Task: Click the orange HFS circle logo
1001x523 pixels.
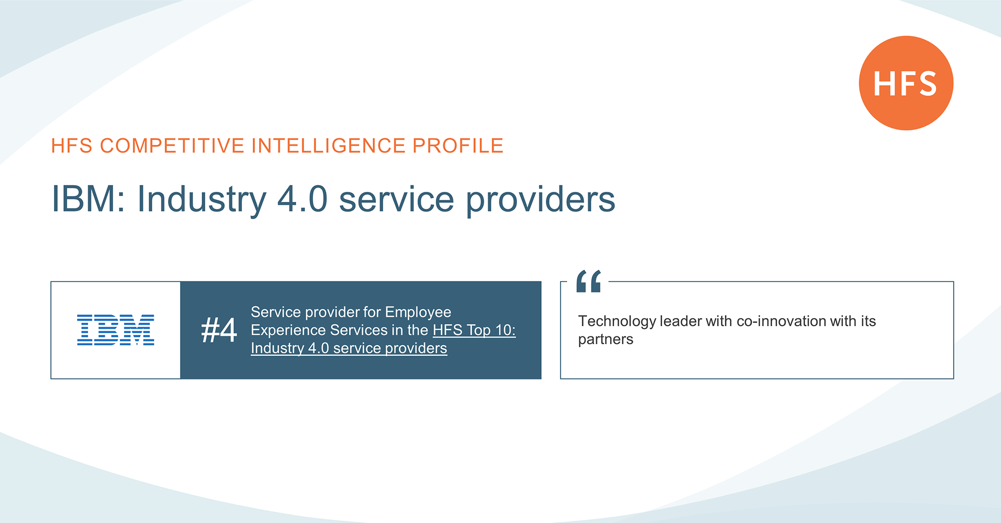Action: pyautogui.click(x=906, y=83)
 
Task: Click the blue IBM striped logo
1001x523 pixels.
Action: pyautogui.click(x=116, y=330)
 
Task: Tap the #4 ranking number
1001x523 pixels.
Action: pyautogui.click(x=219, y=330)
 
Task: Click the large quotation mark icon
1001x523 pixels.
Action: pyautogui.click(x=589, y=281)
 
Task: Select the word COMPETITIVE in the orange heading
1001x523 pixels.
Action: pyautogui.click(x=172, y=145)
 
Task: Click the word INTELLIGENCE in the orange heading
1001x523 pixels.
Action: pyautogui.click(x=328, y=145)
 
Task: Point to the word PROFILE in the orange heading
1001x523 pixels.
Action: pyautogui.click(x=458, y=145)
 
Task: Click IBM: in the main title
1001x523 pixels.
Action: pyautogui.click(x=88, y=199)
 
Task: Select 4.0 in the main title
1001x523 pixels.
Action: pyautogui.click(x=302, y=199)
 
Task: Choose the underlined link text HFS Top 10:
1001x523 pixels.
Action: pyautogui.click(x=474, y=330)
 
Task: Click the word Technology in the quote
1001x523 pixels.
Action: pyautogui.click(x=617, y=321)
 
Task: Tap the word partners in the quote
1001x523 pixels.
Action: pyautogui.click(x=605, y=339)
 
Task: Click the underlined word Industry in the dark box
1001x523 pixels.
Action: pyautogui.click(x=277, y=348)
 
